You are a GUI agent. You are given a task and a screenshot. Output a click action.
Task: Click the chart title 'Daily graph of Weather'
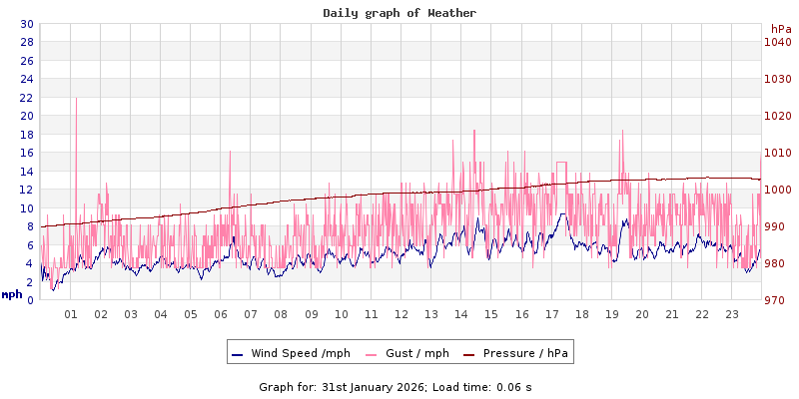[x=399, y=13]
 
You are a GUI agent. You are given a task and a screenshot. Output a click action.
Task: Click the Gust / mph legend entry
[x=413, y=353]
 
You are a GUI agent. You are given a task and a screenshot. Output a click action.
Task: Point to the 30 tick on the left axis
[x=26, y=24]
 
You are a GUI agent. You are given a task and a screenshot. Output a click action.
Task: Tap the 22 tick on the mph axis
[x=26, y=98]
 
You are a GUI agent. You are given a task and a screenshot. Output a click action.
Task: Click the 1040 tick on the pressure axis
[x=777, y=42]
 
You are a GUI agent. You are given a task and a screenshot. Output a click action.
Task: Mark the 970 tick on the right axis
[x=777, y=300]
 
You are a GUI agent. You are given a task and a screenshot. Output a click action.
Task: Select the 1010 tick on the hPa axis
[x=777, y=153]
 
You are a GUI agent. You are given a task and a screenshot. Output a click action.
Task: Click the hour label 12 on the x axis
[x=401, y=314]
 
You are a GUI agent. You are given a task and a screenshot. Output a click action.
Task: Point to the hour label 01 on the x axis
[x=71, y=314]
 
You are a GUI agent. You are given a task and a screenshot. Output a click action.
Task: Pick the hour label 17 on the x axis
[x=551, y=314]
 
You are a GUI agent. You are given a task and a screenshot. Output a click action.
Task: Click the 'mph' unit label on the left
[x=12, y=294]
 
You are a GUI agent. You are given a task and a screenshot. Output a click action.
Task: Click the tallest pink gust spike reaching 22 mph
[x=76, y=100]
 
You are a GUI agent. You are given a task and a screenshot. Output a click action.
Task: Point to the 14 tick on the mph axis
[x=26, y=172]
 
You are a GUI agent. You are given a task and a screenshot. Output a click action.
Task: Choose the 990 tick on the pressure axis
[x=777, y=226]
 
